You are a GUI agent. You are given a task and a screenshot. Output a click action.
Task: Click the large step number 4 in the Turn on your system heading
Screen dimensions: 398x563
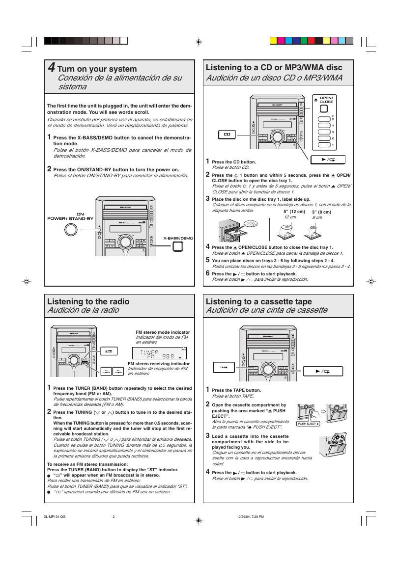51,68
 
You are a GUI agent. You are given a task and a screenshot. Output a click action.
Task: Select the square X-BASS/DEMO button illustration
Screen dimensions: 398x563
177,246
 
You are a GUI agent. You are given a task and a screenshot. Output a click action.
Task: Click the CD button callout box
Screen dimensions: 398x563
227,134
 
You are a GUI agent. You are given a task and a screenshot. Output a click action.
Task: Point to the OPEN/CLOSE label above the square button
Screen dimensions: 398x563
326,100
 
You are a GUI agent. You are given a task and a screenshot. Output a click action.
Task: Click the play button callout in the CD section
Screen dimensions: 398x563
328,159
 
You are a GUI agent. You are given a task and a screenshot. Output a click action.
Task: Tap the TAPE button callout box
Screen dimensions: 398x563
223,367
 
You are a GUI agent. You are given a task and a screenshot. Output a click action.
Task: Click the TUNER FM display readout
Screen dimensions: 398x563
158,353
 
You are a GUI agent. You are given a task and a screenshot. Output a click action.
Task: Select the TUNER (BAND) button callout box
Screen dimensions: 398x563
109,351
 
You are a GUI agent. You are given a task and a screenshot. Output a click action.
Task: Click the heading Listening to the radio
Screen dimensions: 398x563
88,301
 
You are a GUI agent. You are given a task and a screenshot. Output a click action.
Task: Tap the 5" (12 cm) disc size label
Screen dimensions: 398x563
294,212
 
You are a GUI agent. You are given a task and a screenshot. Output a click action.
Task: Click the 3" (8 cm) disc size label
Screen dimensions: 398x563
321,212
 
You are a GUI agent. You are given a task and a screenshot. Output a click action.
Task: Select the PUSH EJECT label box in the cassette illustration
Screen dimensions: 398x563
308,423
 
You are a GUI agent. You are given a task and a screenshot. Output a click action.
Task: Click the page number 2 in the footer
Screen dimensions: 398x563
114,516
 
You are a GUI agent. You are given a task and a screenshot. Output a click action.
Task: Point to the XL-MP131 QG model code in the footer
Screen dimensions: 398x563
54,516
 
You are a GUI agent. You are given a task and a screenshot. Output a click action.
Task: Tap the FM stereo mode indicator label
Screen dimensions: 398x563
163,332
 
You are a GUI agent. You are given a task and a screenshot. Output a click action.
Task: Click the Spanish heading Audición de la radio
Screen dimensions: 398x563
83,310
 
